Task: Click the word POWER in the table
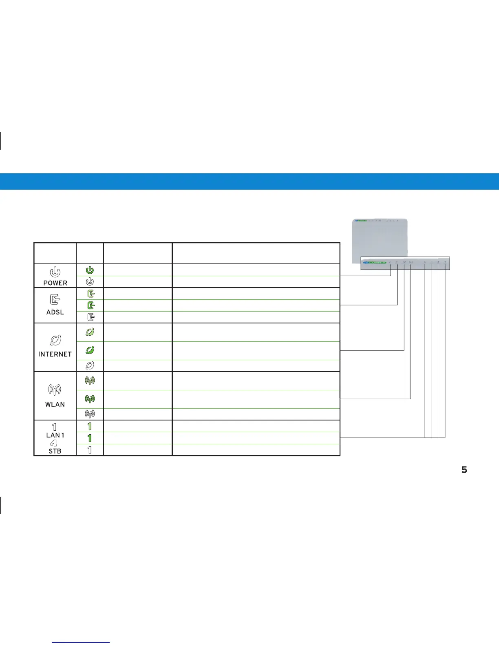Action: click(x=55, y=283)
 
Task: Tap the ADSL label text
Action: click(x=55, y=313)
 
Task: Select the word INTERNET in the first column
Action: click(x=55, y=354)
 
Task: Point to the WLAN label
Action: click(x=55, y=404)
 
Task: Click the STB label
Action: click(x=55, y=451)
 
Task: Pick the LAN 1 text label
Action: click(x=55, y=435)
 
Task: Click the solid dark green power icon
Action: click(x=90, y=270)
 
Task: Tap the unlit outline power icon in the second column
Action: click(x=90, y=281)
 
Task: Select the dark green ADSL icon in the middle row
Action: click(x=91, y=305)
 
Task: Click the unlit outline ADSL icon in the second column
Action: click(x=91, y=317)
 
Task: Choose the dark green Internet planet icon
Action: click(x=90, y=350)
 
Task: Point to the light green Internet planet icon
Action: click(x=90, y=332)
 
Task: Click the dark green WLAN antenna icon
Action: click(x=90, y=398)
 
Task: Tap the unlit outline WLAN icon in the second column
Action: click(x=90, y=414)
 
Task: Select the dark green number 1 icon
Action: click(x=90, y=438)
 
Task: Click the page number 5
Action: click(x=464, y=470)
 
